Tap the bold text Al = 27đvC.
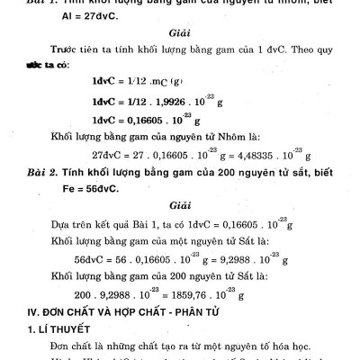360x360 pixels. (82, 15)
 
